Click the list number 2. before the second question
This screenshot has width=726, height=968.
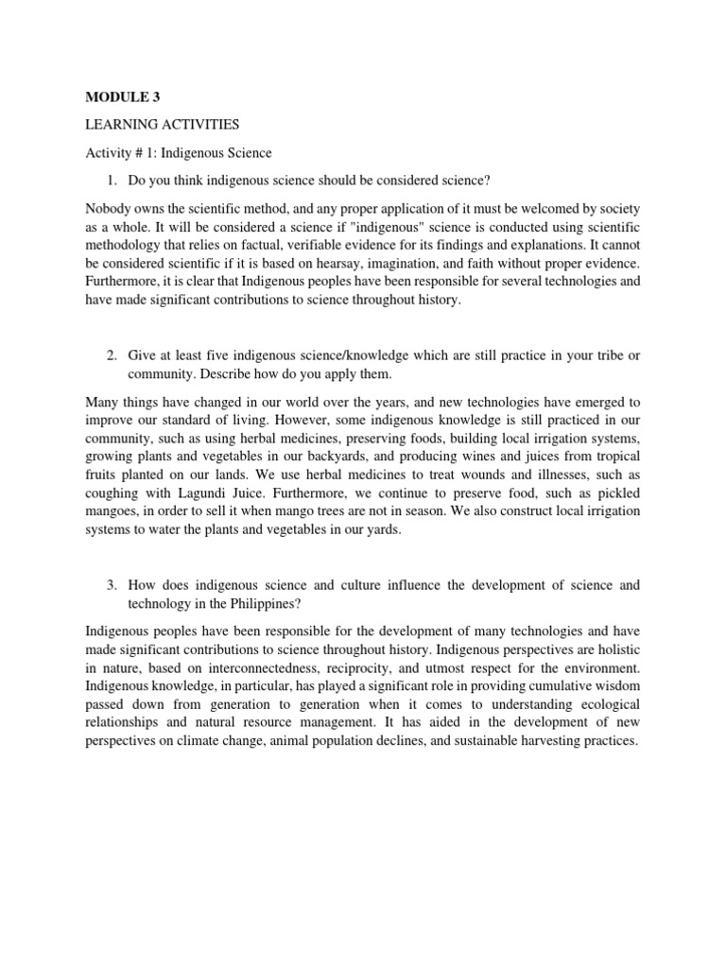point(112,354)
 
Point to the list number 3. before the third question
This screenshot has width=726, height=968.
point(112,585)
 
